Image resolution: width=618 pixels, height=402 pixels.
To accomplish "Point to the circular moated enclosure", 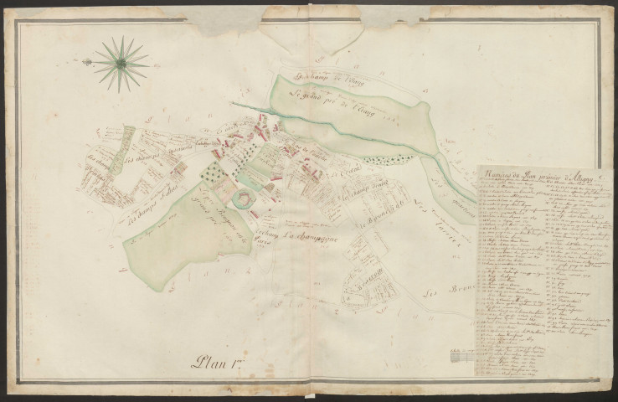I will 244,198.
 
